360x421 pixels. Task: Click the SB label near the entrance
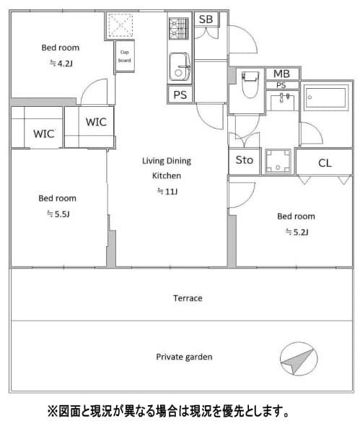pyautogui.click(x=206, y=19)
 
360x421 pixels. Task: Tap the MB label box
pyautogui.click(x=282, y=74)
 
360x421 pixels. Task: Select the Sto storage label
pyautogui.click(x=245, y=160)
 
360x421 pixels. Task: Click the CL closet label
pyautogui.click(x=325, y=163)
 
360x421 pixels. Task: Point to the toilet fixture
pyautogui.click(x=250, y=84)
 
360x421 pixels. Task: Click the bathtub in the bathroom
pyautogui.click(x=326, y=97)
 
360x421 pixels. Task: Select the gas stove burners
pyautogui.click(x=179, y=28)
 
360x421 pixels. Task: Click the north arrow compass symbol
pyautogui.click(x=299, y=359)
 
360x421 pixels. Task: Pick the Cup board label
pyautogui.click(x=125, y=56)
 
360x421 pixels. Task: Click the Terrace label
pyautogui.click(x=188, y=298)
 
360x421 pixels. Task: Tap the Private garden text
pyautogui.click(x=184, y=357)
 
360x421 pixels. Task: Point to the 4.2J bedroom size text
pyautogui.click(x=61, y=64)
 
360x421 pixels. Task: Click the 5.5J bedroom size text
pyautogui.click(x=58, y=214)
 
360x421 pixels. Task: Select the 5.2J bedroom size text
pyautogui.click(x=297, y=232)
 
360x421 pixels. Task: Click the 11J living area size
pyautogui.click(x=167, y=191)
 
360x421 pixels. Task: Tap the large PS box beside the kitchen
pyautogui.click(x=180, y=95)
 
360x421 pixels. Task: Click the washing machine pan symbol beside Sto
pyautogui.click(x=278, y=161)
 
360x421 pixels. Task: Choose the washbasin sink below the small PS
pyautogui.click(x=283, y=102)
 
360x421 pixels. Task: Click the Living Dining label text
pyautogui.click(x=167, y=161)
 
